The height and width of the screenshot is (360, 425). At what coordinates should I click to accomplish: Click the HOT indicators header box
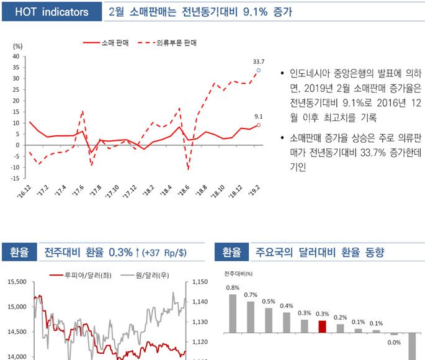pyautogui.click(x=51, y=12)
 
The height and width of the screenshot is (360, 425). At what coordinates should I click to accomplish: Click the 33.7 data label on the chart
pyautogui.click(x=259, y=61)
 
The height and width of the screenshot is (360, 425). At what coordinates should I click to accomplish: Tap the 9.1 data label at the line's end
pyautogui.click(x=259, y=116)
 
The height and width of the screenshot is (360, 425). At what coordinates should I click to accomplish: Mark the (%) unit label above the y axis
pyautogui.click(x=17, y=47)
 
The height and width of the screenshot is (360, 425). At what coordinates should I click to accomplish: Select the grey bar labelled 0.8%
pyautogui.click(x=233, y=313)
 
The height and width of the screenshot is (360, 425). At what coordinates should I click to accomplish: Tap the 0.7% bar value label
pyautogui.click(x=251, y=294)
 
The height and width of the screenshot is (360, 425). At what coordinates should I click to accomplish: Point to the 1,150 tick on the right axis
pyautogui.click(x=200, y=282)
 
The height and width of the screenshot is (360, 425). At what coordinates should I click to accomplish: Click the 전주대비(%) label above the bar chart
pyautogui.click(x=239, y=272)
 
